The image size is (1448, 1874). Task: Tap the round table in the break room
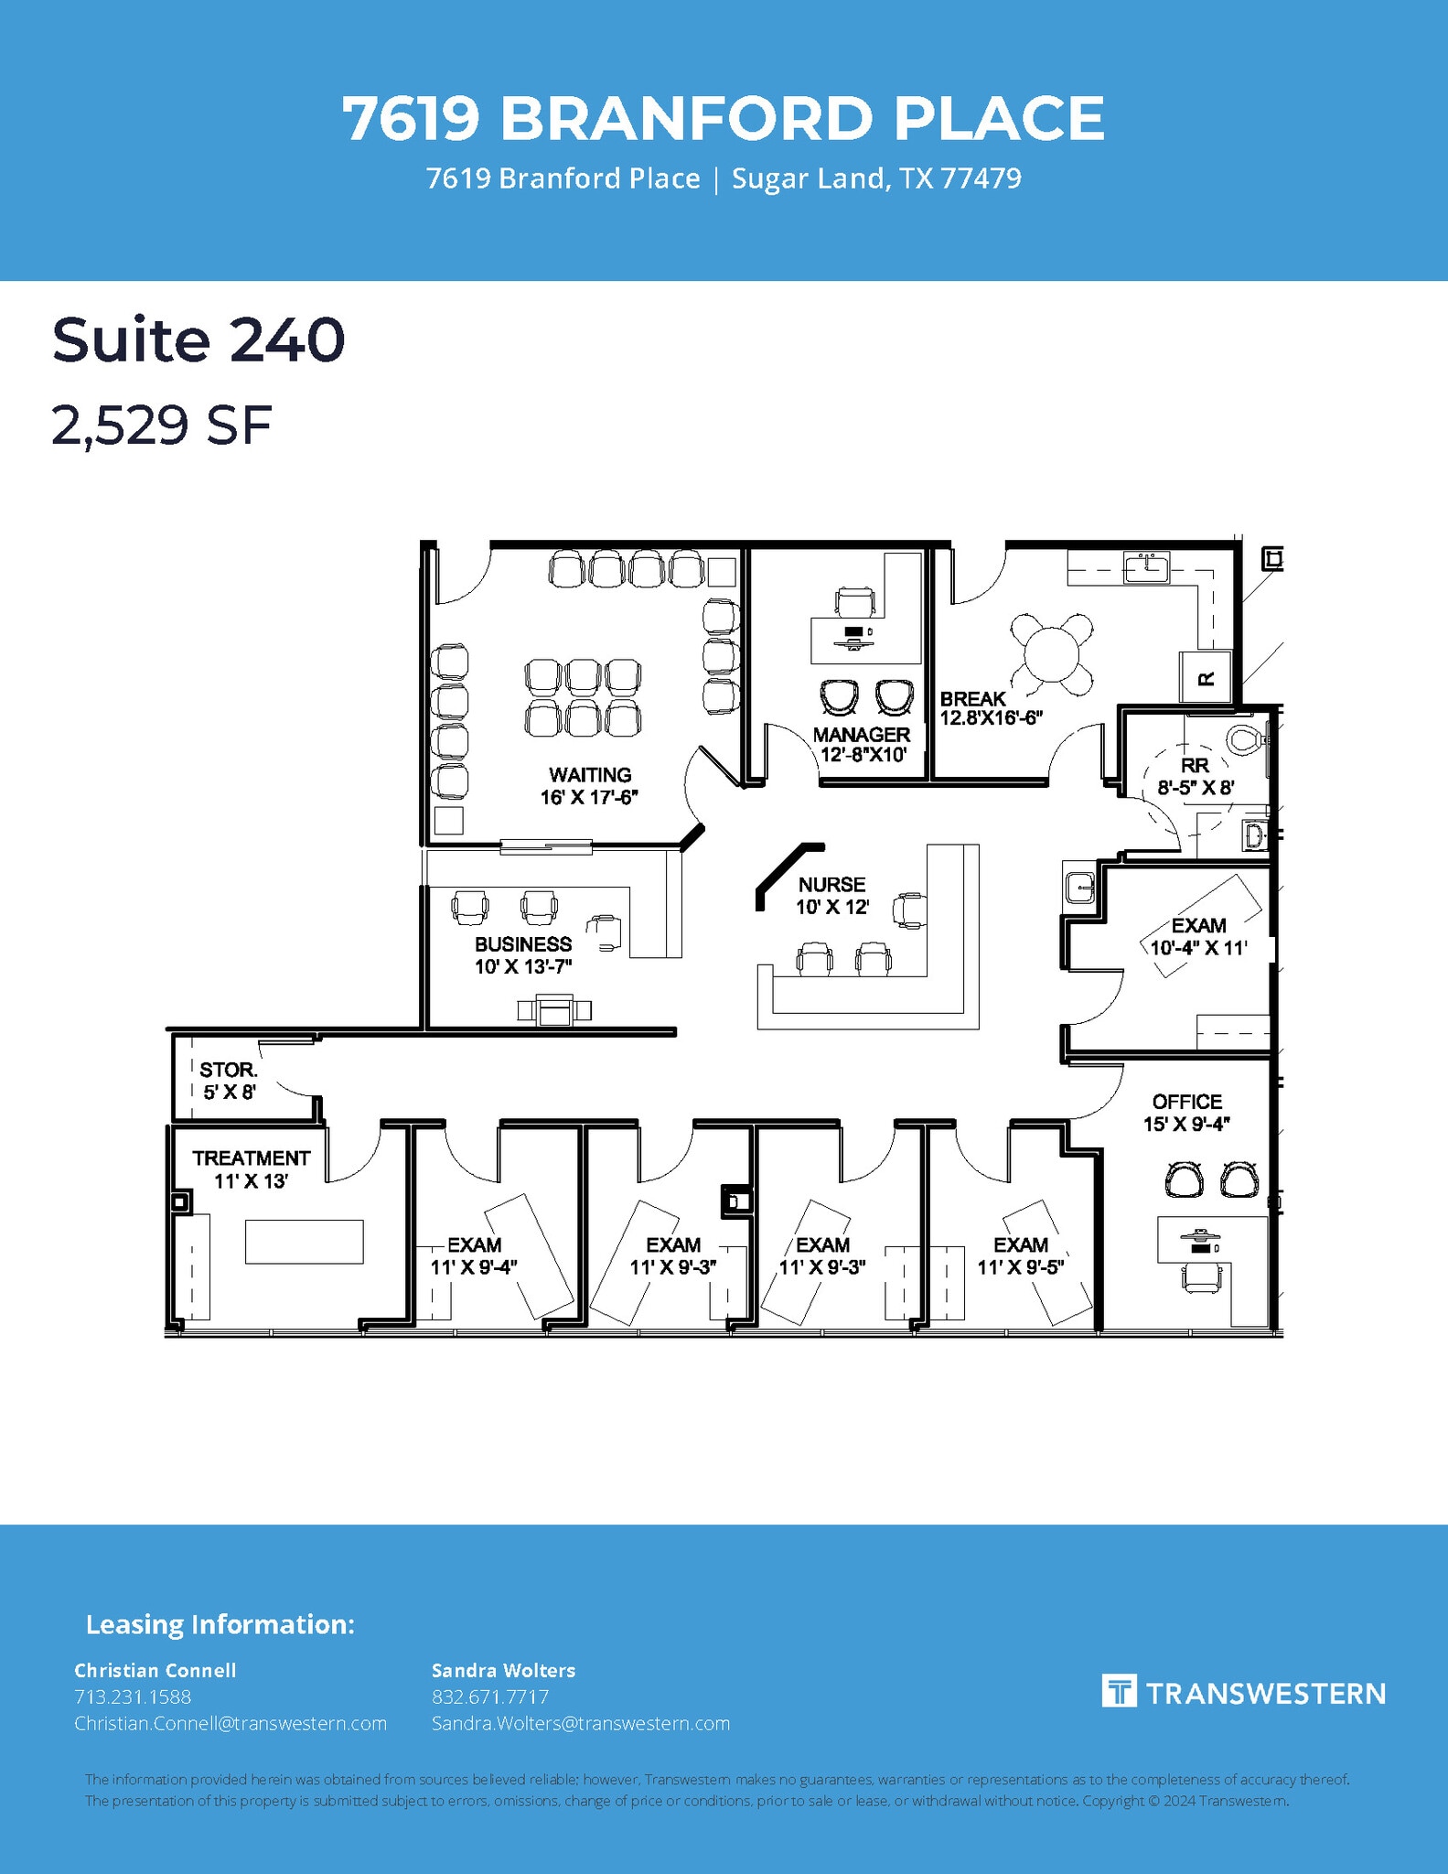click(x=1051, y=653)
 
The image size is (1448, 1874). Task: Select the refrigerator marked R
click(x=1205, y=677)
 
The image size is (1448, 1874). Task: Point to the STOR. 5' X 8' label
click(x=229, y=1081)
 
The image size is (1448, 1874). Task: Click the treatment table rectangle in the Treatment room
click(x=304, y=1242)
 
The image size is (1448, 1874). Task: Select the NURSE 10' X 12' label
click(x=831, y=896)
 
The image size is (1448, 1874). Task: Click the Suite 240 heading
click(x=198, y=339)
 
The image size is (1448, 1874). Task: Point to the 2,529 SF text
click(x=162, y=425)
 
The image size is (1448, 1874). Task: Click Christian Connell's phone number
click(x=133, y=1696)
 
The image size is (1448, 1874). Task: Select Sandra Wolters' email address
click(x=581, y=1723)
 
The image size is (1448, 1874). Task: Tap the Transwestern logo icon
click(x=1119, y=1691)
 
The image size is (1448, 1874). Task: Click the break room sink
click(x=1146, y=568)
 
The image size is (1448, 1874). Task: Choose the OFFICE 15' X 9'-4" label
click(x=1186, y=1113)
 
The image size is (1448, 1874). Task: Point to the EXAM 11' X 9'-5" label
click(x=1021, y=1255)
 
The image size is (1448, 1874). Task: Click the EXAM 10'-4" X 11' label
click(x=1198, y=936)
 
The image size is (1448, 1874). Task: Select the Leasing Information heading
click(x=220, y=1625)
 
